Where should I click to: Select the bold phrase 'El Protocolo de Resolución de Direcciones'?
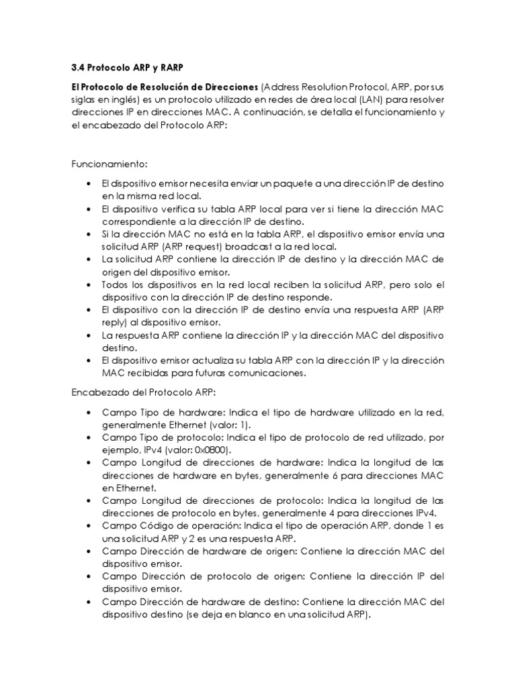pyautogui.click(x=165, y=87)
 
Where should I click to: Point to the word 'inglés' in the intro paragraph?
pyautogui.click(x=128, y=100)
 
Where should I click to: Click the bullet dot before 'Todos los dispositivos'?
pyautogui.click(x=90, y=284)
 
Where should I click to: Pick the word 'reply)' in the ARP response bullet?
pyautogui.click(x=115, y=322)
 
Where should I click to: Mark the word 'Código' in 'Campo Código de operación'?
pyautogui.click(x=153, y=526)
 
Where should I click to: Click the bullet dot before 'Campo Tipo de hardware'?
pyautogui.click(x=90, y=412)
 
